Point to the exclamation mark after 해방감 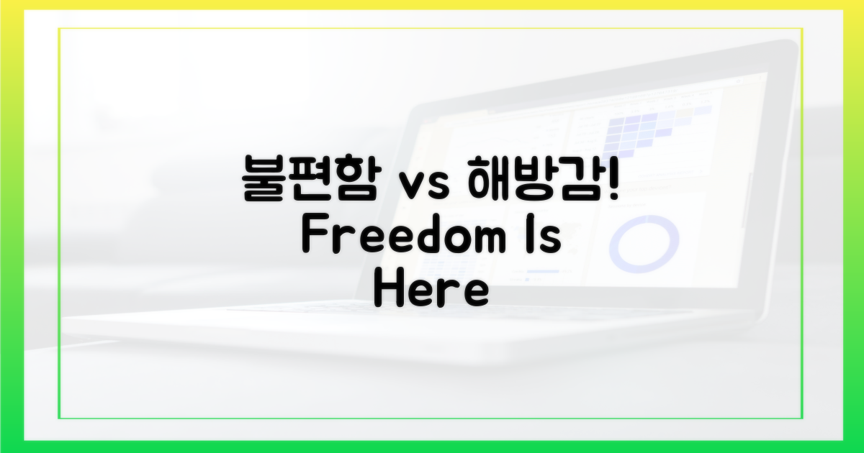pos(613,178)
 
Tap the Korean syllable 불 pos(264,178)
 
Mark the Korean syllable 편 pos(311,178)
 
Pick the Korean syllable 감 pos(582,178)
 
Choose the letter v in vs pos(412,186)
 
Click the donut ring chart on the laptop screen pos(644,218)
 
